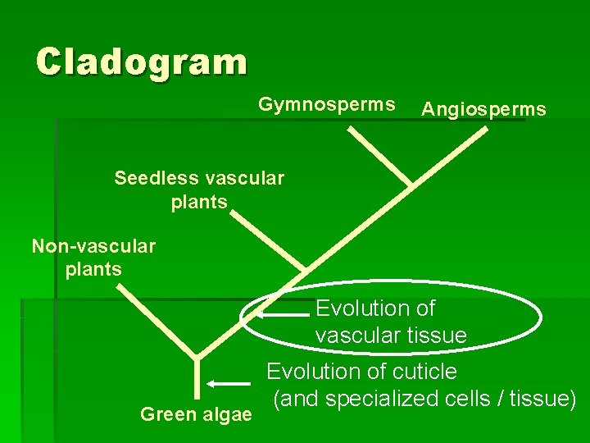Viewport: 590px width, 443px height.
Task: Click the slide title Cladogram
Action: point(141,62)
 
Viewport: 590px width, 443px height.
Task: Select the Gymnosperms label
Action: point(327,105)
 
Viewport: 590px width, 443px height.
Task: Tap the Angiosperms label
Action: point(483,109)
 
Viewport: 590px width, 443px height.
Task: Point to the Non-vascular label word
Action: point(93,245)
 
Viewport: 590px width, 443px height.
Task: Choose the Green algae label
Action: point(196,414)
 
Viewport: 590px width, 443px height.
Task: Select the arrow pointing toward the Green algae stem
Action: point(229,382)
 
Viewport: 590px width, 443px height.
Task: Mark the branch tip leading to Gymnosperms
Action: point(350,130)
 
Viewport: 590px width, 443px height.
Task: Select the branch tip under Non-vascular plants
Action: point(123,287)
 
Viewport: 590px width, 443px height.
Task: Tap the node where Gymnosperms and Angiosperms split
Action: point(409,183)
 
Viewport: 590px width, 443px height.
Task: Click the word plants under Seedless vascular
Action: point(199,202)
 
